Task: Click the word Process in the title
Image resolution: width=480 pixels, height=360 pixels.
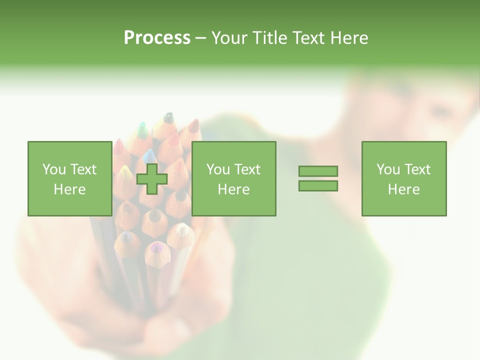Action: [157, 38]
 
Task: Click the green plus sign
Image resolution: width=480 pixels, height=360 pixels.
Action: [152, 179]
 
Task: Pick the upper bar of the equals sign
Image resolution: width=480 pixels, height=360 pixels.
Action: [318, 171]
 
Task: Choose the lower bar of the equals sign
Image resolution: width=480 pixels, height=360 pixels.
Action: [318, 185]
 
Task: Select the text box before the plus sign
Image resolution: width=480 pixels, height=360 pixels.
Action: [69, 178]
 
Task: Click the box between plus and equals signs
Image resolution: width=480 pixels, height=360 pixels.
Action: [233, 178]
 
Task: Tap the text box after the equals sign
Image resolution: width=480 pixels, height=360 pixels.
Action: [403, 178]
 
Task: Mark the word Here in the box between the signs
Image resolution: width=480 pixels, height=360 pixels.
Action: [233, 189]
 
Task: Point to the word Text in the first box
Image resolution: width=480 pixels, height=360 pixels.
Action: [83, 169]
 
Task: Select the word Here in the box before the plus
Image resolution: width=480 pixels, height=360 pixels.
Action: [69, 189]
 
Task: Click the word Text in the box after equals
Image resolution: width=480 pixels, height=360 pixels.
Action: [417, 169]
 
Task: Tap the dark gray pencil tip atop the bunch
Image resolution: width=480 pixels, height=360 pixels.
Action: [168, 118]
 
